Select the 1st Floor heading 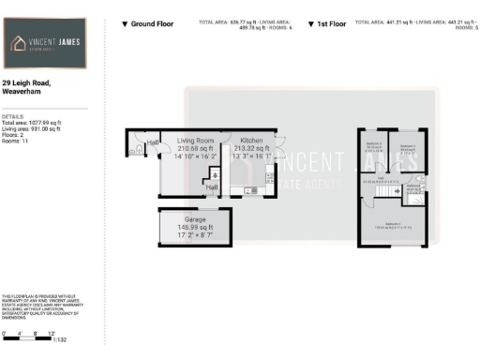coord(329,22)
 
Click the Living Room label coord(196,140)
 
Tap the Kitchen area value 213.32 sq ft coord(250,148)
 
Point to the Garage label coord(195,219)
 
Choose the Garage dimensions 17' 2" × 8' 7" coord(195,234)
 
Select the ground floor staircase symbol coord(215,174)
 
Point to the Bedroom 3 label coord(374,145)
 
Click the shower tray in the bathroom coord(417,199)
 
